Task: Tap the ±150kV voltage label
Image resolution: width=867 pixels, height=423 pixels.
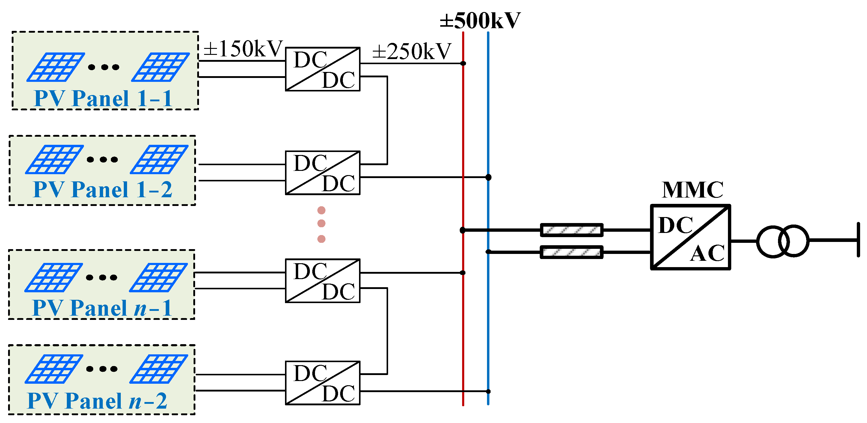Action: pyautogui.click(x=243, y=49)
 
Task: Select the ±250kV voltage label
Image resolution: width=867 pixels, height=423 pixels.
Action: pyautogui.click(x=411, y=51)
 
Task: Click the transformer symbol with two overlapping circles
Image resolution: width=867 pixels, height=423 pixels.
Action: pyautogui.click(x=782, y=241)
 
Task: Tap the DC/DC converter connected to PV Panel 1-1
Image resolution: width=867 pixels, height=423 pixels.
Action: pyautogui.click(x=322, y=69)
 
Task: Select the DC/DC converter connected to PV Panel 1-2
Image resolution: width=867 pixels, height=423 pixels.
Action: pyautogui.click(x=322, y=173)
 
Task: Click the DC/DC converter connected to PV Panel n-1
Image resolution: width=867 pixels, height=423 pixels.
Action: pyautogui.click(x=322, y=281)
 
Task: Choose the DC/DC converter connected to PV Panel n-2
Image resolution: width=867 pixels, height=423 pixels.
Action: pyautogui.click(x=322, y=383)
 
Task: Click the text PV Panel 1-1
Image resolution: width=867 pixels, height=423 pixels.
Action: pyautogui.click(x=103, y=99)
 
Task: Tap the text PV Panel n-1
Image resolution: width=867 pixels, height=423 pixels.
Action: pyautogui.click(x=102, y=308)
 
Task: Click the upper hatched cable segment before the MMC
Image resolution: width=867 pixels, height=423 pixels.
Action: pyautogui.click(x=572, y=230)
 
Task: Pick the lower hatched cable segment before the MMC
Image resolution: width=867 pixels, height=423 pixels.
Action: pyautogui.click(x=572, y=252)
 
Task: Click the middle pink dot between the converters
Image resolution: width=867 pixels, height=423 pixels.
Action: pyautogui.click(x=322, y=223)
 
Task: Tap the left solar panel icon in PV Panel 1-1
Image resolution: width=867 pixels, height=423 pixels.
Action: pyautogui.click(x=55, y=67)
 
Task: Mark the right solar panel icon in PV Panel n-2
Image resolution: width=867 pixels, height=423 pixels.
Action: pyautogui.click(x=159, y=369)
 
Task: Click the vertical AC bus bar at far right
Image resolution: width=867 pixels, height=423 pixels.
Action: pyautogui.click(x=858, y=240)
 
